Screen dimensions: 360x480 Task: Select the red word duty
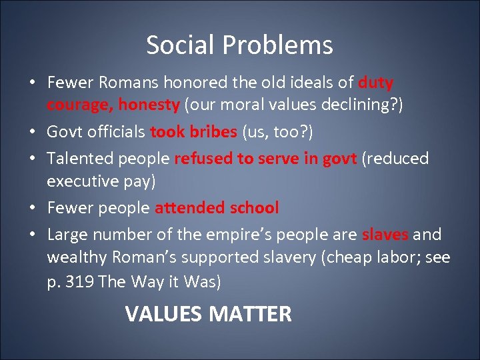point(376,83)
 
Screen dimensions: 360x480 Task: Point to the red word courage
point(79,105)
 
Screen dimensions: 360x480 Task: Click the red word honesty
point(149,105)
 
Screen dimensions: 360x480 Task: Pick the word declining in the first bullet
point(355,105)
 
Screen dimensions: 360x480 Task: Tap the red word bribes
point(213,131)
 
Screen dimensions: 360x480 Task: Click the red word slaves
point(385,234)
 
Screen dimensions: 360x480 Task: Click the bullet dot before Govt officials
point(32,131)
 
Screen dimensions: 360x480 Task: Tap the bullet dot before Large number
point(32,234)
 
